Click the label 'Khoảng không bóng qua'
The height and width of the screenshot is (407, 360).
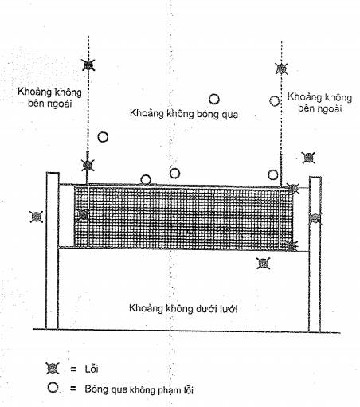click(x=184, y=114)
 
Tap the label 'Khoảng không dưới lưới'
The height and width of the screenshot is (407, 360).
click(x=183, y=309)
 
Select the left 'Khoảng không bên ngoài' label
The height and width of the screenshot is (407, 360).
click(x=49, y=97)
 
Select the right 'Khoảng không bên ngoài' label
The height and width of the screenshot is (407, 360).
click(x=319, y=103)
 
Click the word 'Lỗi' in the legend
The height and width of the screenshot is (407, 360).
click(x=92, y=369)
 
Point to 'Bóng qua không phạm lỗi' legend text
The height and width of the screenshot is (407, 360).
click(x=139, y=389)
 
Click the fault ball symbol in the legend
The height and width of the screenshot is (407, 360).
click(x=53, y=368)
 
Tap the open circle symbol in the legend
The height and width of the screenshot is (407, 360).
click(x=53, y=387)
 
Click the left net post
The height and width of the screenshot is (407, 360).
click(x=53, y=251)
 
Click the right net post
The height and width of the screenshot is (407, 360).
click(x=315, y=254)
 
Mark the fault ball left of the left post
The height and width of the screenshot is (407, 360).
click(x=37, y=217)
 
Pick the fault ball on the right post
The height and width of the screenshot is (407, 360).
click(x=315, y=218)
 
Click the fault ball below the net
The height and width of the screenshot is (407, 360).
click(x=264, y=264)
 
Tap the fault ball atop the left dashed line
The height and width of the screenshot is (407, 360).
click(x=88, y=65)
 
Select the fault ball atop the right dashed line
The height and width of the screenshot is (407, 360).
click(x=281, y=68)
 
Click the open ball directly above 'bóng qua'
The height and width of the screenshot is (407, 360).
click(x=214, y=100)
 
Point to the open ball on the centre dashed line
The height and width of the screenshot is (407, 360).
click(x=174, y=174)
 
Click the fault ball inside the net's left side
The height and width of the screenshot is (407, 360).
click(x=83, y=215)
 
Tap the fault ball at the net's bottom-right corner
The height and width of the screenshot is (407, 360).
click(x=292, y=246)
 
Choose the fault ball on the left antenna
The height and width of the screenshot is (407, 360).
click(x=88, y=166)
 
